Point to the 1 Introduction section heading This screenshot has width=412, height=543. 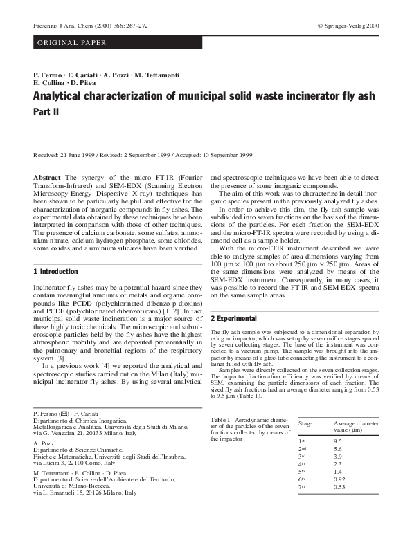pyautogui.click(x=56, y=272)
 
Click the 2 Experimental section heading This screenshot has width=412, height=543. pyautogui.click(x=238, y=318)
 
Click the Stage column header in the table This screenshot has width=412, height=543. pyautogui.click(x=306, y=422)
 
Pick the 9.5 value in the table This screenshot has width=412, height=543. pyautogui.click(x=338, y=441)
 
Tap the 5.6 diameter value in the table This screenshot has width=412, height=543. pyautogui.click(x=338, y=449)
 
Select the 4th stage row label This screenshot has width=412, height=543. pyautogui.click(x=302, y=466)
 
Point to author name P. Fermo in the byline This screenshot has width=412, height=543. pyautogui.click(x=49, y=74)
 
